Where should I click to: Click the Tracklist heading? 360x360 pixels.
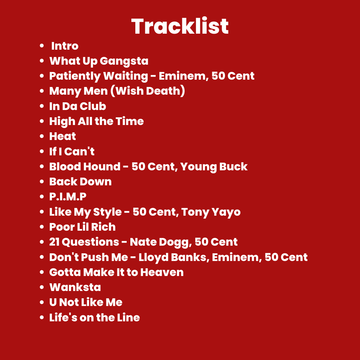180,26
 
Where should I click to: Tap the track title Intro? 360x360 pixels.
65,46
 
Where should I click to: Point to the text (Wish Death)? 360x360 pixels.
148,91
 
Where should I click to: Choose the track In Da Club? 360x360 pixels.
78,106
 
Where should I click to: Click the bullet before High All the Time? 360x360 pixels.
42,121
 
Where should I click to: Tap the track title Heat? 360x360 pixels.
62,136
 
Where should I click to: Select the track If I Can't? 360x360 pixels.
72,152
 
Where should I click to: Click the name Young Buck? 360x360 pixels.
214,167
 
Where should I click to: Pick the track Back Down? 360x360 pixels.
80,182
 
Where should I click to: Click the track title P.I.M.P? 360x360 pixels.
68,197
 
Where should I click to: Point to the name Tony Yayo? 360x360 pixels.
211,212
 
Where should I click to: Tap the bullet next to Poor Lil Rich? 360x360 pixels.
42,227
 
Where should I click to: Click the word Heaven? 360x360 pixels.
162,272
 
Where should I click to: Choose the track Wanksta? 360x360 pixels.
75,287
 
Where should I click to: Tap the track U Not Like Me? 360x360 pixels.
86,302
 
